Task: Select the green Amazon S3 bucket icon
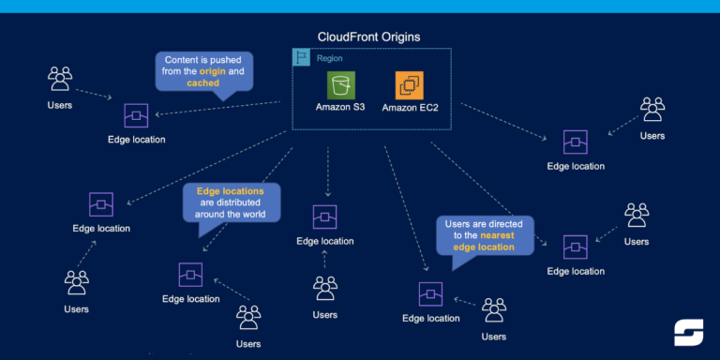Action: [x=341, y=85]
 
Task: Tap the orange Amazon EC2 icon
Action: [x=410, y=86]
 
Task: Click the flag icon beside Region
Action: [x=301, y=57]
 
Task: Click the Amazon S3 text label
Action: [x=341, y=109]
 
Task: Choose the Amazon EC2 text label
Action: [x=410, y=109]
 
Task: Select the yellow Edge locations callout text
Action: [x=224, y=190]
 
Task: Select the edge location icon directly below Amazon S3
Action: [x=324, y=217]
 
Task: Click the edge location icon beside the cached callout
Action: [x=136, y=116]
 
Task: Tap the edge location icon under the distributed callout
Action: [x=190, y=275]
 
